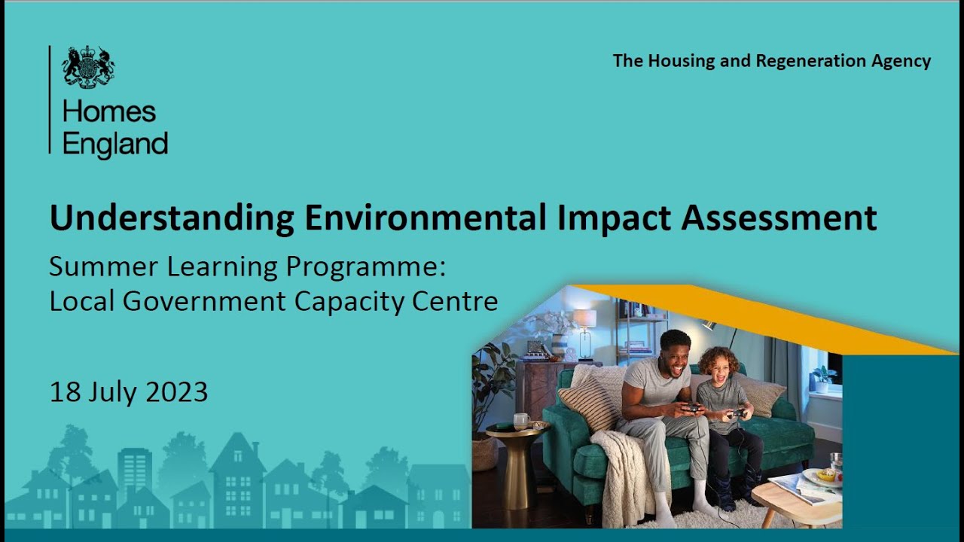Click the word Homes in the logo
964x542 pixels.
coord(109,112)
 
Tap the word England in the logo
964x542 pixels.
coord(115,143)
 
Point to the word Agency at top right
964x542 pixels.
coord(901,61)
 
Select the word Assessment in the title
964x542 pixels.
coord(779,218)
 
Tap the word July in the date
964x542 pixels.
coord(111,392)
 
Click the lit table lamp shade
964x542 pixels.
coord(584,318)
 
